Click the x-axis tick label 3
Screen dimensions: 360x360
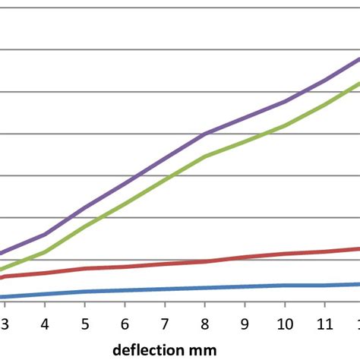5,323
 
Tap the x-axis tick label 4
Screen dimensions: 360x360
44,323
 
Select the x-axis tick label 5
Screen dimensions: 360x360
84,323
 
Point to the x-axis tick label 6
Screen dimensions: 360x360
125,323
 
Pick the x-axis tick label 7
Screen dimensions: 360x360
165,323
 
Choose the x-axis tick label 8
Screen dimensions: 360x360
205,323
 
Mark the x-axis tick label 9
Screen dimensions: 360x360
245,323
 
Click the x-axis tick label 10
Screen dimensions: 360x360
285,323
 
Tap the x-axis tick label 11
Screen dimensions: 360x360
325,323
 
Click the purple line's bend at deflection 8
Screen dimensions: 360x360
205,134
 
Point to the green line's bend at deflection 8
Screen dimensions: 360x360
205,156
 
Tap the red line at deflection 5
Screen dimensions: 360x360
84,269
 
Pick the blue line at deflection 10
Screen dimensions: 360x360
285,286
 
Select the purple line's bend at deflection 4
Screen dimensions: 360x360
44,234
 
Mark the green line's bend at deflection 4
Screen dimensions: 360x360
44,252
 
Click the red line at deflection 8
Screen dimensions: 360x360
205,261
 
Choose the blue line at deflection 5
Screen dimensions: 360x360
84,292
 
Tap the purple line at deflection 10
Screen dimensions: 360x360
285,102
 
